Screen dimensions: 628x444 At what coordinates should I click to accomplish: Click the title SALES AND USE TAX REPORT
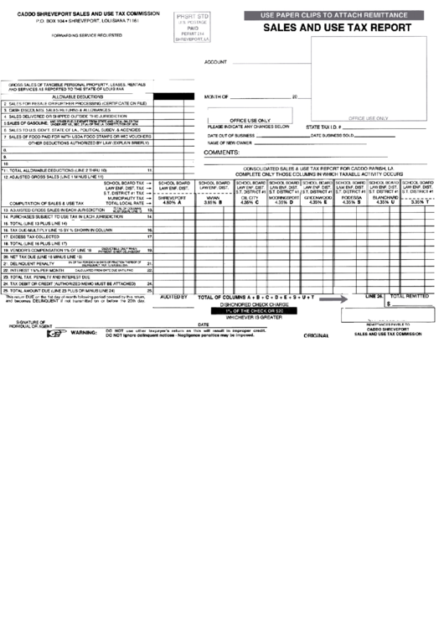click(338, 28)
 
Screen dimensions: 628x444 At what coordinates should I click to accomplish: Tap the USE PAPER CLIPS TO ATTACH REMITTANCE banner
click(337, 15)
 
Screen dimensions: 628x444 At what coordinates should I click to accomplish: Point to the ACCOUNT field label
click(215, 62)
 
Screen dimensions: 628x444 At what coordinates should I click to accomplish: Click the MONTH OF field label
click(217, 97)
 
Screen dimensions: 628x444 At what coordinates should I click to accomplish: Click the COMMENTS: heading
click(222, 153)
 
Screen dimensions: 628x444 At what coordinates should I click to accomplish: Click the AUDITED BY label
click(173, 297)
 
